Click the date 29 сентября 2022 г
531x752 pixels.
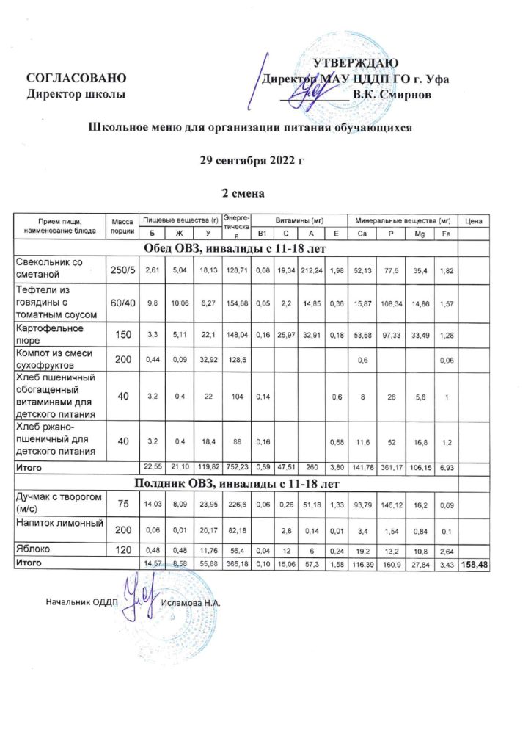coord(251,160)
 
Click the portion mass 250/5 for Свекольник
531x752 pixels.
coord(122,271)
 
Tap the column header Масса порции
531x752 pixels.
coord(122,226)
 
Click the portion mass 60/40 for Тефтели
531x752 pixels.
coord(122,303)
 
